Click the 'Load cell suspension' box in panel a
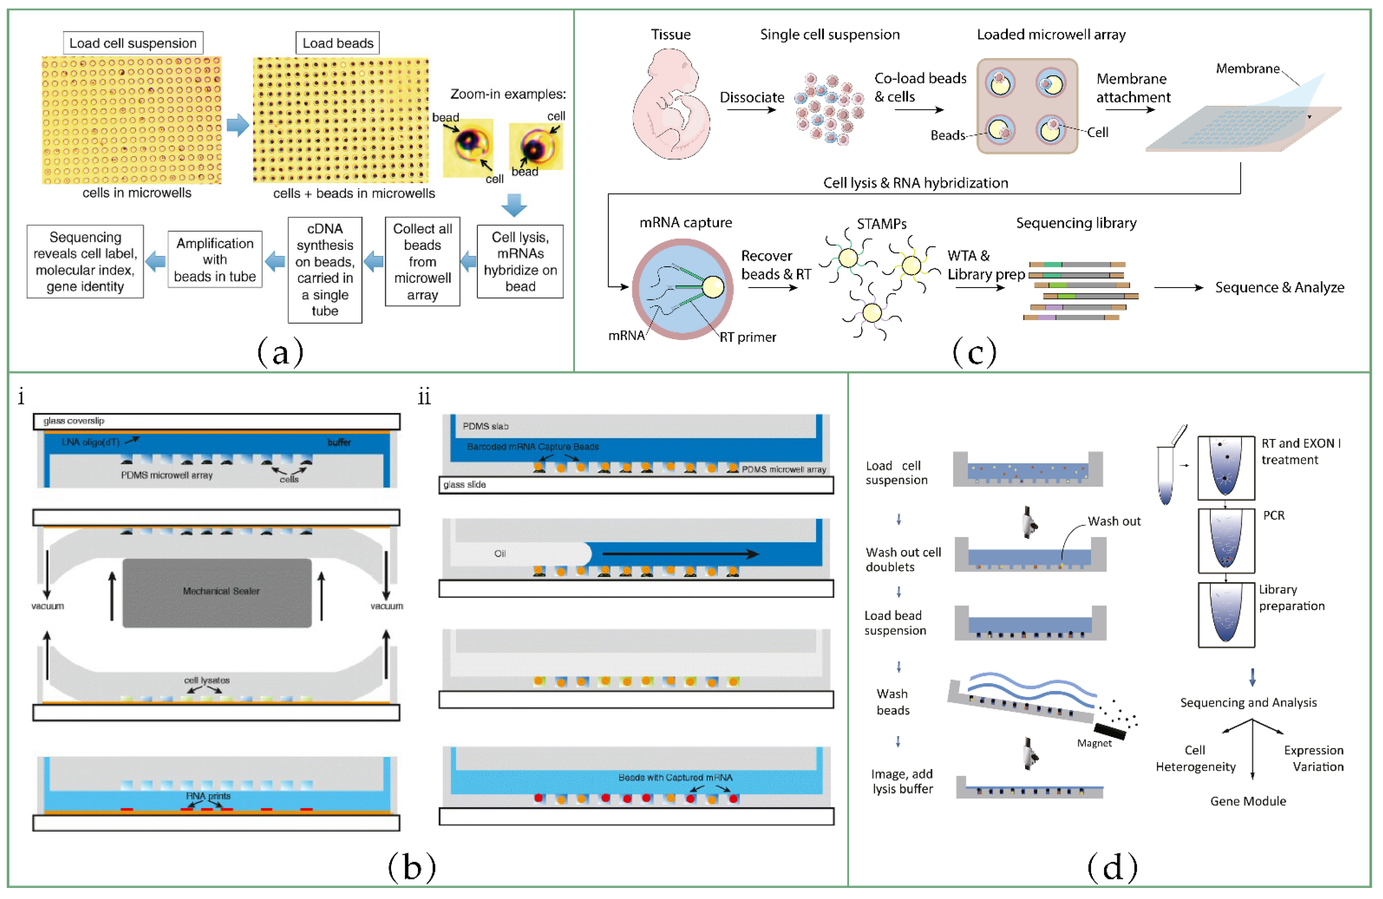click(x=133, y=43)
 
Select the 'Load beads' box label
click(x=338, y=43)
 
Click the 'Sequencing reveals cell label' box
click(x=86, y=262)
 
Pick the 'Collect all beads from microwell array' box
click(x=422, y=262)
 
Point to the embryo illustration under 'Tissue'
click(x=671, y=105)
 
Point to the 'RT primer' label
click(x=748, y=337)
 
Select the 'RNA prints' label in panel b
click(x=208, y=796)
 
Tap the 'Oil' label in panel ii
click(x=500, y=553)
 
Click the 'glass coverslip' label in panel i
click(x=74, y=421)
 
